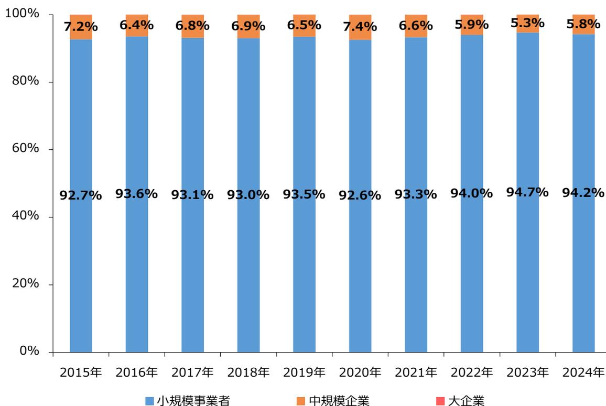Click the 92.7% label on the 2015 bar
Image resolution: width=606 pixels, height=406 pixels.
81,195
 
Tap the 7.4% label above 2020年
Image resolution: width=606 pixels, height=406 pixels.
360,26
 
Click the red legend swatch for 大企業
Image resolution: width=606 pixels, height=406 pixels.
439,401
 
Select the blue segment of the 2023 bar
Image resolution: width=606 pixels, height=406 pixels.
527,262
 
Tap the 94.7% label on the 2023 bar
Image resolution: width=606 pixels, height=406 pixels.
527,192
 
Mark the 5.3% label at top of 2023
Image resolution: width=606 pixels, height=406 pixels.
527,23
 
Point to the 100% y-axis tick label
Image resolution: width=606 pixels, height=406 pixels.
23,14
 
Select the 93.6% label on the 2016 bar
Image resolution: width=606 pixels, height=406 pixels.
136,193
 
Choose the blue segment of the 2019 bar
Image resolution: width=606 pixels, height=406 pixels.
304,262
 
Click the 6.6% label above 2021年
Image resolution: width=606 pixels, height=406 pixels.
416,25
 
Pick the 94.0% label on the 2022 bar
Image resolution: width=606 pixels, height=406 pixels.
471,193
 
